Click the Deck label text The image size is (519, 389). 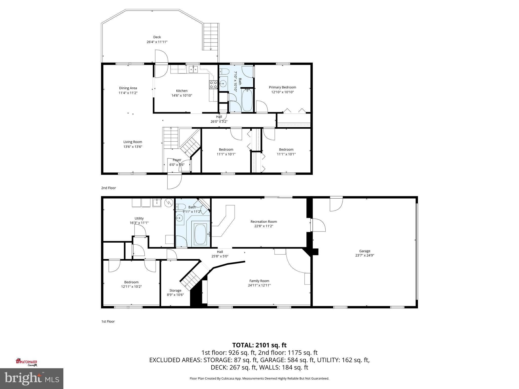pyautogui.click(x=157, y=37)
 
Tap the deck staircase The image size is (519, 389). pyautogui.click(x=211, y=37)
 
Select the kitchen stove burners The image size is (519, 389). pyautogui.click(x=213, y=84)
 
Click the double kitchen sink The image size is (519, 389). pyautogui.click(x=193, y=69)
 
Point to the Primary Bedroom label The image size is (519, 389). pyautogui.click(x=282, y=87)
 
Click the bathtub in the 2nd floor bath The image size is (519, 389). pyautogui.click(x=247, y=100)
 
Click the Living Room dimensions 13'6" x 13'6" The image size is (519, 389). pyautogui.click(x=133, y=147)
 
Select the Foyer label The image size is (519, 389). pyautogui.click(x=177, y=160)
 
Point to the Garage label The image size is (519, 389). pyautogui.click(x=364, y=251)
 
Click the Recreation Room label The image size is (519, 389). pyautogui.click(x=264, y=222)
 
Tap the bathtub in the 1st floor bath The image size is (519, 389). pyautogui.click(x=200, y=234)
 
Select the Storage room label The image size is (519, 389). pyautogui.click(x=175, y=290)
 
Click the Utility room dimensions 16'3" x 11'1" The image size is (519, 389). pyautogui.click(x=139, y=223)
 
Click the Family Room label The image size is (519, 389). pyautogui.click(x=259, y=281)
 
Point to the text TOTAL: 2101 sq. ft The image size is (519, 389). pyautogui.click(x=259, y=345)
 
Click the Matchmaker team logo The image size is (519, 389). pyautogui.click(x=27, y=362)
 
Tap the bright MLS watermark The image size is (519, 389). pyautogui.click(x=32, y=378)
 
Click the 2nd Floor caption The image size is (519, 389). pyautogui.click(x=108, y=188)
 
